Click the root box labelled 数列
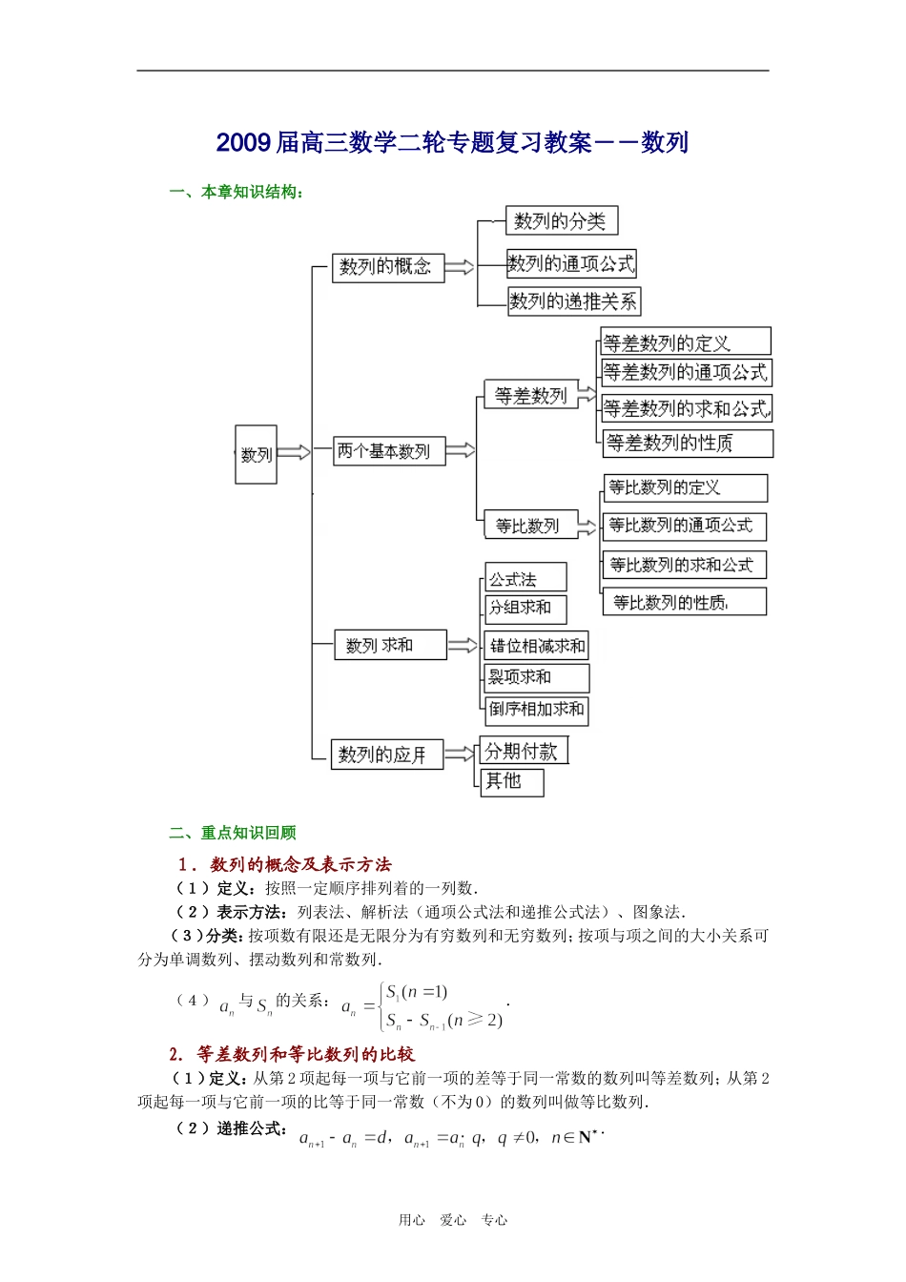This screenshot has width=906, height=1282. [x=256, y=454]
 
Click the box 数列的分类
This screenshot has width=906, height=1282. [x=561, y=221]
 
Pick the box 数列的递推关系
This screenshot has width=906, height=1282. [x=573, y=301]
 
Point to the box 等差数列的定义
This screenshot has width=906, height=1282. [x=685, y=342]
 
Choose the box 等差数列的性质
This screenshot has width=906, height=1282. [x=687, y=443]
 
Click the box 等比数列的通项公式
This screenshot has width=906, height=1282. [x=684, y=526]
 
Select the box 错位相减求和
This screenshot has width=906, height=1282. [x=537, y=646]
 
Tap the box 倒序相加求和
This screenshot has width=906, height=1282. [x=536, y=710]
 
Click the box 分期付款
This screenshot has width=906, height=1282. [x=524, y=751]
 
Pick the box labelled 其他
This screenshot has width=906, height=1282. [x=512, y=781]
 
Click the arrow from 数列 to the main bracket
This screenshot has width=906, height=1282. [x=294, y=452]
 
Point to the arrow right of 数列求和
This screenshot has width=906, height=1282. [x=463, y=646]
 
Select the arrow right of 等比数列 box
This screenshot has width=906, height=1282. [x=587, y=526]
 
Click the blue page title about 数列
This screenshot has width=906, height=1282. [x=452, y=143]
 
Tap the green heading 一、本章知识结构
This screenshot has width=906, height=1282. [x=237, y=193]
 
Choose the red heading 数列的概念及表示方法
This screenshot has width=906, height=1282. [x=286, y=864]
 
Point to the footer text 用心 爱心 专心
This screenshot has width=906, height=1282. [x=453, y=1220]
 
